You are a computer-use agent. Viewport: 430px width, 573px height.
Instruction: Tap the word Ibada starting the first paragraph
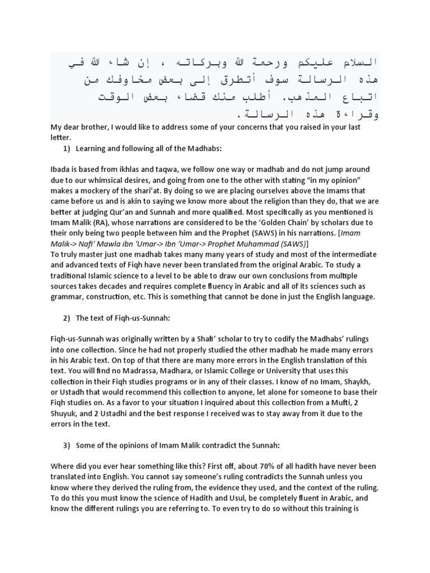[x=62, y=168]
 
